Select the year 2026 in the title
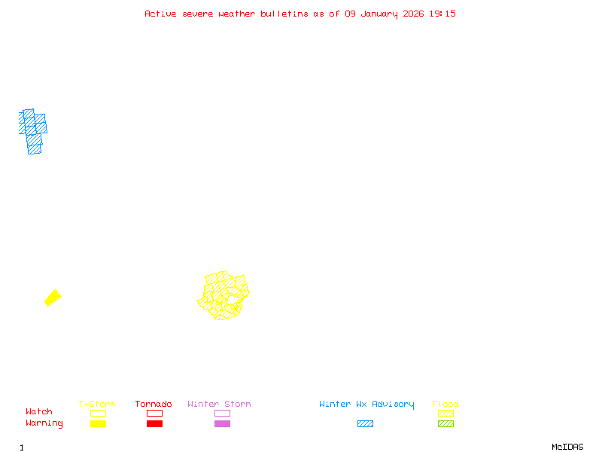click(412, 14)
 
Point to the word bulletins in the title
click(284, 14)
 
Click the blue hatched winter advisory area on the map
click(33, 130)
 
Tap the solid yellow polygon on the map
click(53, 298)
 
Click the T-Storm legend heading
click(97, 405)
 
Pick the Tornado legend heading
click(154, 405)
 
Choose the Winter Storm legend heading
click(219, 405)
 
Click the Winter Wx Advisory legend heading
click(366, 405)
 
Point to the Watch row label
click(39, 412)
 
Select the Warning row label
click(44, 423)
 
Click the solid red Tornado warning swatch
click(154, 424)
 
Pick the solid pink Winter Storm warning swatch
click(222, 424)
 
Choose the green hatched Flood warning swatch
click(445, 424)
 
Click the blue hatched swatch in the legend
click(365, 424)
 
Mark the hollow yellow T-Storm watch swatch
click(98, 413)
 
